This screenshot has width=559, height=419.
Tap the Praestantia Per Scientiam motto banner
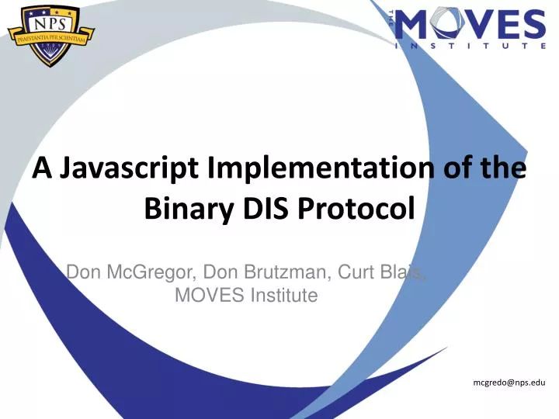pos(51,34)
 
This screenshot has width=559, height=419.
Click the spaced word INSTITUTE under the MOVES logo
pos(471,46)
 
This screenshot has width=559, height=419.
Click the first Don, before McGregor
pos(83,272)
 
